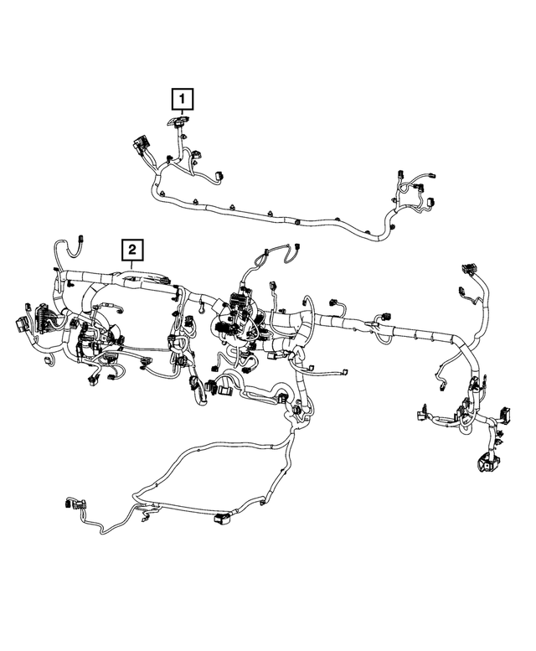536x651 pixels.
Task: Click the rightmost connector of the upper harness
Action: click(431, 203)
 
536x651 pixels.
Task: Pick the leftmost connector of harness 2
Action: click(23, 323)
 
